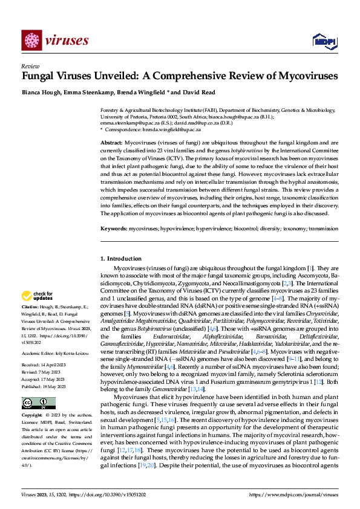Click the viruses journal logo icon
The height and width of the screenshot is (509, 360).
coord(31,40)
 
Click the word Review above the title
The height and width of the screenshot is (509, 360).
coord(30,67)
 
